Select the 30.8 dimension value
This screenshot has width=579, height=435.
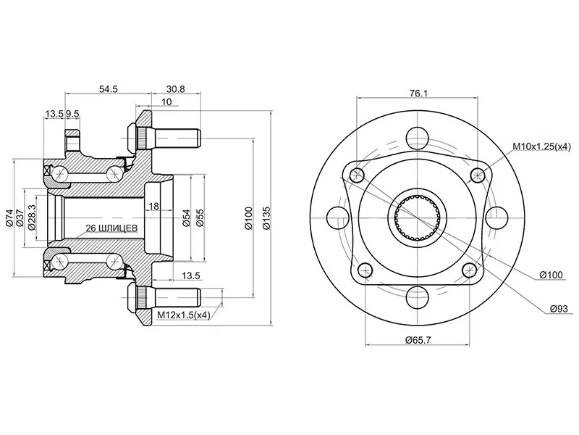(x=176, y=88)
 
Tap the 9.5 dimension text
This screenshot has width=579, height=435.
(x=72, y=114)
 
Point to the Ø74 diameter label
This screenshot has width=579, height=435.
(x=10, y=217)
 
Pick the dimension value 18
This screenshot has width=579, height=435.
(x=153, y=207)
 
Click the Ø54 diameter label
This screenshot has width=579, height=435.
(x=186, y=217)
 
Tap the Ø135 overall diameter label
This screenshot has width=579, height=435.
(x=267, y=217)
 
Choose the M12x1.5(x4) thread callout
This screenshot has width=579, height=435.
(x=183, y=315)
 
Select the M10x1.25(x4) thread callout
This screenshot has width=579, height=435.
(x=541, y=146)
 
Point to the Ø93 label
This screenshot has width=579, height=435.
(x=556, y=309)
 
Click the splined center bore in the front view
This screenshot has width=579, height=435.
(x=418, y=217)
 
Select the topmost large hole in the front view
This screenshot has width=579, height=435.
(x=418, y=137)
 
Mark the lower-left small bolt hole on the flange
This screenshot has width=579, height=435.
(x=358, y=272)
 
